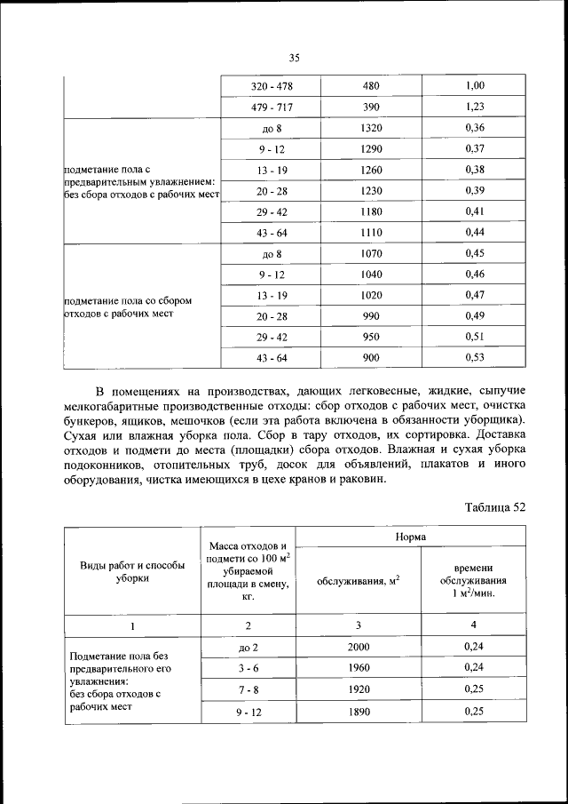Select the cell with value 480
coord(371,87)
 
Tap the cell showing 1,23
coord(475,107)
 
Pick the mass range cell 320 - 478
coord(272,87)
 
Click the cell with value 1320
coord(371,128)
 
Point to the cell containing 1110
coord(371,233)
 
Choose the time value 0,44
coord(475,233)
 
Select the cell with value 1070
coord(371,254)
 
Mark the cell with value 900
coord(371,357)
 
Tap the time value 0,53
coord(475,357)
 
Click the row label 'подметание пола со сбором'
coord(128,300)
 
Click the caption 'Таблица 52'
coord(495,507)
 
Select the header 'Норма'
coord(411,537)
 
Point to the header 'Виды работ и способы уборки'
coord(133,571)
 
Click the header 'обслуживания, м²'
coord(358,581)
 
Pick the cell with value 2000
coord(359,649)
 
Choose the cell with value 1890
coord(359,712)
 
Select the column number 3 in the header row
coord(359,625)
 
